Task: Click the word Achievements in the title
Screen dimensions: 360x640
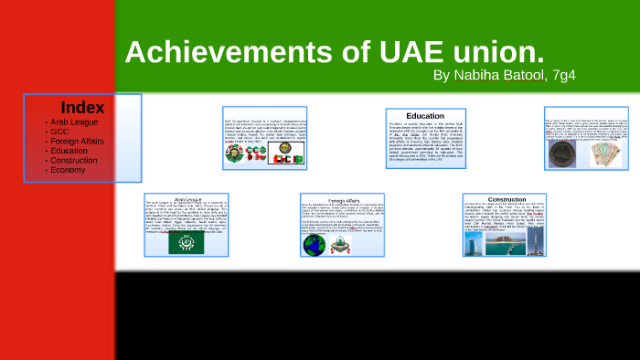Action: [x=224, y=53]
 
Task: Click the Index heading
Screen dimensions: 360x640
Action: [x=82, y=107]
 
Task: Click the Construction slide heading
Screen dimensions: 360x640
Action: [x=507, y=199]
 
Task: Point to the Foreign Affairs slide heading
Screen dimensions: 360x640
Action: [x=345, y=199]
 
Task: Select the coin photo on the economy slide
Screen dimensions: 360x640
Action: [x=560, y=154]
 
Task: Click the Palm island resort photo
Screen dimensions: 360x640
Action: [x=485, y=245]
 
